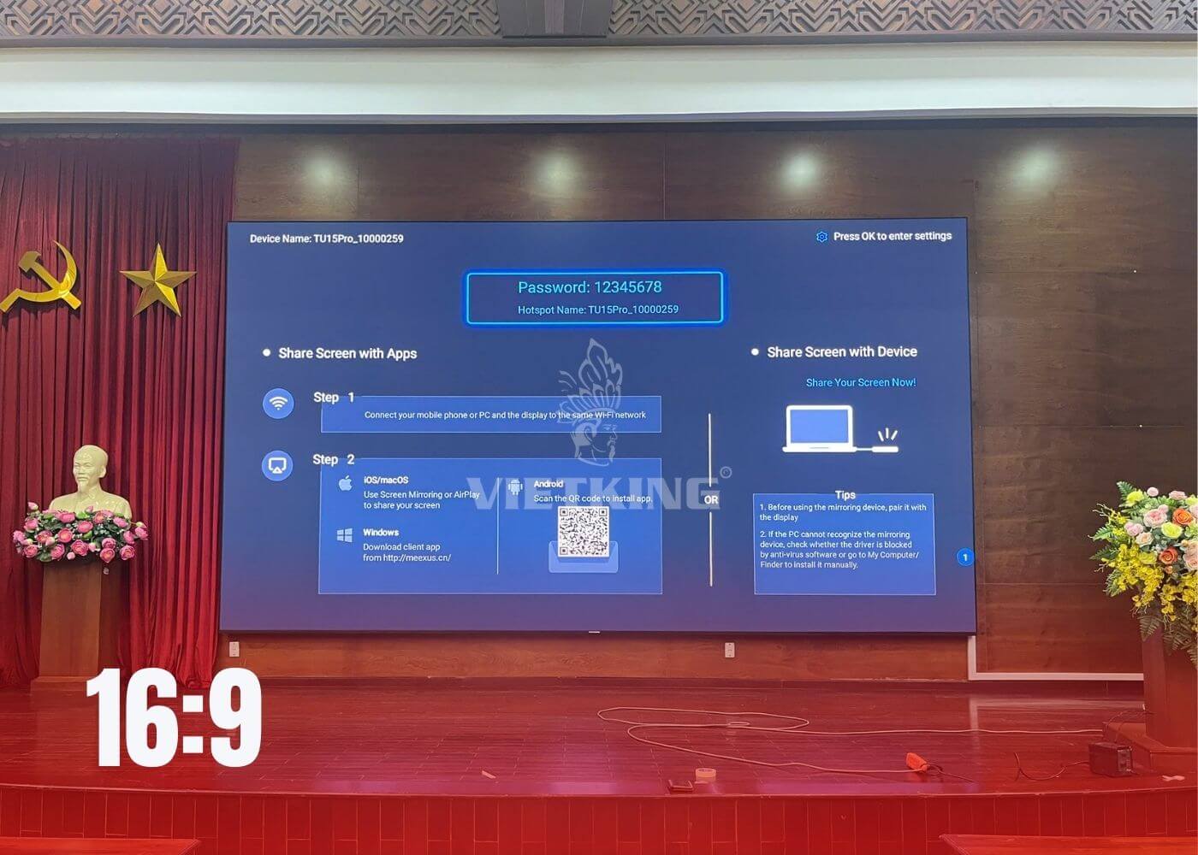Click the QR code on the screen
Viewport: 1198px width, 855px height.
pyautogui.click(x=583, y=531)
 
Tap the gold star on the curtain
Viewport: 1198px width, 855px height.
pyautogui.click(x=158, y=280)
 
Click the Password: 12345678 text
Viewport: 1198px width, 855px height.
pyautogui.click(x=590, y=287)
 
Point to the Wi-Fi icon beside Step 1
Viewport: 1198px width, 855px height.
pyautogui.click(x=278, y=403)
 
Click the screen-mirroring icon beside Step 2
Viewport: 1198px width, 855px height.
pyautogui.click(x=277, y=465)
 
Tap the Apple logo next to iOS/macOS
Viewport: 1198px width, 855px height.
pyautogui.click(x=345, y=483)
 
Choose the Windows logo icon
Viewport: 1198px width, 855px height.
pyautogui.click(x=345, y=536)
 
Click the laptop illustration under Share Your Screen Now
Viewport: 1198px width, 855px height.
pyautogui.click(x=819, y=428)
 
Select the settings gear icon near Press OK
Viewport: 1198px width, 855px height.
pyautogui.click(x=821, y=237)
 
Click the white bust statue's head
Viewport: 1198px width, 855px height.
pyautogui.click(x=90, y=467)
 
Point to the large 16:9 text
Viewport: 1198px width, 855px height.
pyautogui.click(x=174, y=718)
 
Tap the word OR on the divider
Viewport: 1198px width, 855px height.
pyautogui.click(x=711, y=499)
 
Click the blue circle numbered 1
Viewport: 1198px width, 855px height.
pyautogui.click(x=965, y=557)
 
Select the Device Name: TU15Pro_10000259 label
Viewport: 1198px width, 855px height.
pyautogui.click(x=326, y=239)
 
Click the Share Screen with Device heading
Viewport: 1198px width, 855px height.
pyautogui.click(x=841, y=351)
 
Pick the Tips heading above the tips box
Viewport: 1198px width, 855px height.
pyautogui.click(x=845, y=495)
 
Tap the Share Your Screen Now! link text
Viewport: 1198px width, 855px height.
pyautogui.click(x=860, y=382)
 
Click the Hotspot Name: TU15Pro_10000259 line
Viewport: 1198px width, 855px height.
pyautogui.click(x=597, y=310)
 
